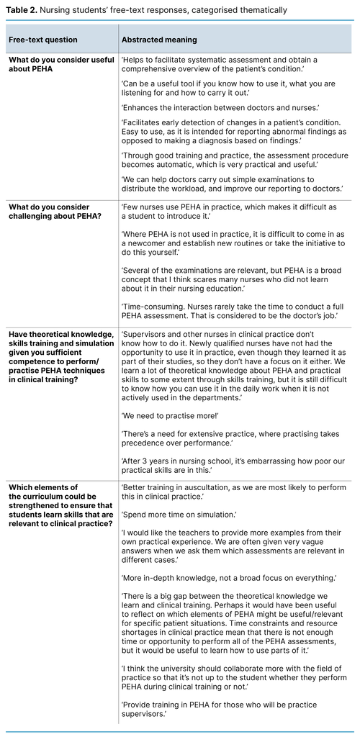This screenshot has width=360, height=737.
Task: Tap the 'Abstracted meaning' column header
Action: click(159, 40)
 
